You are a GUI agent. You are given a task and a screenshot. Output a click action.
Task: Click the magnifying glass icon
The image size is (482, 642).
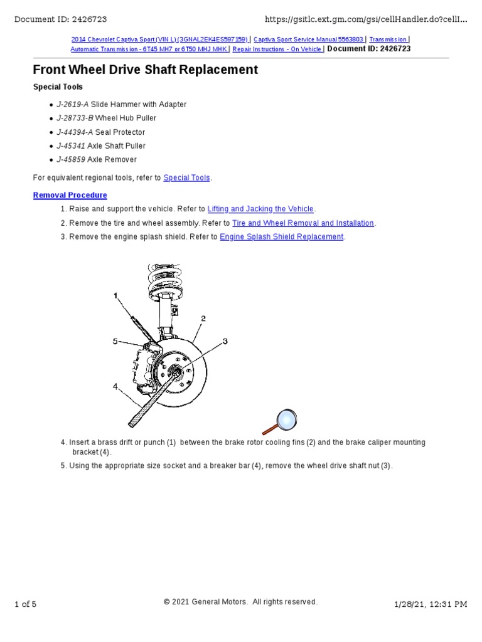coord(280,421)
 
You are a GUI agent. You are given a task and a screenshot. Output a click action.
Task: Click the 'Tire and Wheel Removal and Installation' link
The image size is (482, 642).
coord(303,223)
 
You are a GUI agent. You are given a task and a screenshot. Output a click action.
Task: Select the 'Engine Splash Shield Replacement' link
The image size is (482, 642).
coord(281,237)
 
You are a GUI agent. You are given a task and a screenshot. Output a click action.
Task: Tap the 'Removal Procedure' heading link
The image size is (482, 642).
coord(70,195)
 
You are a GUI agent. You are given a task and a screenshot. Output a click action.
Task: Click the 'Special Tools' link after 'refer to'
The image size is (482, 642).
coord(186,178)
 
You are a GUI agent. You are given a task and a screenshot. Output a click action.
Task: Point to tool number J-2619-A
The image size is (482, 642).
coord(73,105)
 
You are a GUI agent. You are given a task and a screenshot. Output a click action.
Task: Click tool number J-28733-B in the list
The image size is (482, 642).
coord(75,118)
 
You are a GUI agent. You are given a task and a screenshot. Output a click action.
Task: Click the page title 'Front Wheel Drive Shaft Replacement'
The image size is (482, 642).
coord(145,70)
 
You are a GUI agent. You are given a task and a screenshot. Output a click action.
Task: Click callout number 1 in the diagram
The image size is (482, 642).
coord(116,295)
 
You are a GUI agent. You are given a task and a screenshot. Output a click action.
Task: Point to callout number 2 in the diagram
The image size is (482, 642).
coord(203,318)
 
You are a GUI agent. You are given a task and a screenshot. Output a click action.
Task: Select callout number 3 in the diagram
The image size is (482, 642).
coord(225,341)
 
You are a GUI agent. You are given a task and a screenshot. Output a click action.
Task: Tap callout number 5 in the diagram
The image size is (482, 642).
coord(115,341)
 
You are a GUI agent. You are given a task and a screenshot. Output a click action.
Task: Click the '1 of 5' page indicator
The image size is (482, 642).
coord(25,604)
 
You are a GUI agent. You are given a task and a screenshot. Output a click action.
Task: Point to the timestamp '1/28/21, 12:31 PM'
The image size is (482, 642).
coord(430,604)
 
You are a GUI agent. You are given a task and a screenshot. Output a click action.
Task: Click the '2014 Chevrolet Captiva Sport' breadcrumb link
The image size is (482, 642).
coord(159,39)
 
